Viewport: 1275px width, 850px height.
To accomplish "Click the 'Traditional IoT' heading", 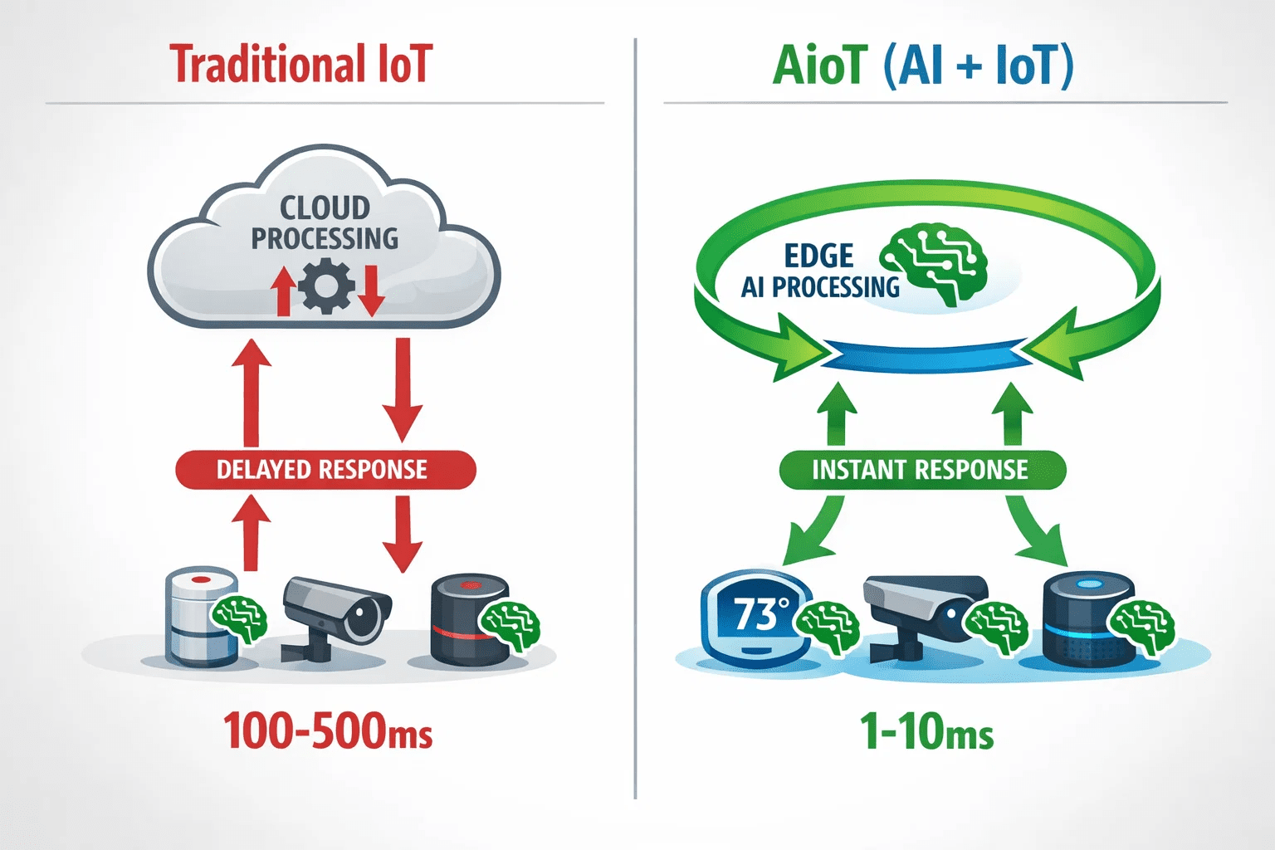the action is [x=301, y=64].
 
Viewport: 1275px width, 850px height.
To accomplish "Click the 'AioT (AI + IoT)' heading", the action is [x=923, y=66].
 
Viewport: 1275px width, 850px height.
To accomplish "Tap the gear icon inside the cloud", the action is [x=326, y=286].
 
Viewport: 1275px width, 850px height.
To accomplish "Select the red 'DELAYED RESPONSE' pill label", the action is [x=325, y=470].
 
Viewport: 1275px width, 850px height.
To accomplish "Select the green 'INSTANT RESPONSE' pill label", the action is [x=922, y=470].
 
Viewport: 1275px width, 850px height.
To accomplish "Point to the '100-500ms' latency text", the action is [x=327, y=730].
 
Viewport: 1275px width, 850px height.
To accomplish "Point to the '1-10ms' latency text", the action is [x=926, y=730].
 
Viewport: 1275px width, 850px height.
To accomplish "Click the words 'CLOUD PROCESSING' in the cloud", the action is [x=325, y=223].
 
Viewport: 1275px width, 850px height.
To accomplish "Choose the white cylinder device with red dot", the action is [x=202, y=617].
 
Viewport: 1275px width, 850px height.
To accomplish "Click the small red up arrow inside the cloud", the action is [x=283, y=291].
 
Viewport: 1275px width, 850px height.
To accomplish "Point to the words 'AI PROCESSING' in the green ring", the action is [x=820, y=287].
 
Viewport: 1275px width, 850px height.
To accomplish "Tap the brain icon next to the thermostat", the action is [x=827, y=625].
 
